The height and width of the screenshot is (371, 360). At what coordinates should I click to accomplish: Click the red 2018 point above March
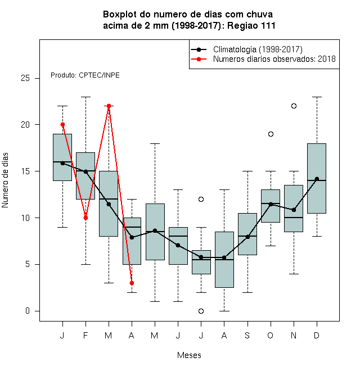(109, 106)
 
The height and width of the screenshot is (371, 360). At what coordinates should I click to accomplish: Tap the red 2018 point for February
(85, 218)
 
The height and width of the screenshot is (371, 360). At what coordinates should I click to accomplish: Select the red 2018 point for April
(132, 283)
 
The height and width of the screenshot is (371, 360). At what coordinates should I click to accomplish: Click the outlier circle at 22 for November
(294, 106)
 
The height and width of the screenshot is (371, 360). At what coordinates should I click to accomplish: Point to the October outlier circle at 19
(271, 134)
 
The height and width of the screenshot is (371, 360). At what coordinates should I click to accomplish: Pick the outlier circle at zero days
(201, 311)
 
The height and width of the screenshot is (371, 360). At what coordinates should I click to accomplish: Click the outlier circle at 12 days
(201, 199)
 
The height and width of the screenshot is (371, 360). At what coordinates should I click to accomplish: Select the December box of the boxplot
(317, 178)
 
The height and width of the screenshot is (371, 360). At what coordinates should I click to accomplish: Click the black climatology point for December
(317, 179)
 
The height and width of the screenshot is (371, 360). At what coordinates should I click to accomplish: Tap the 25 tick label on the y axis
(25, 78)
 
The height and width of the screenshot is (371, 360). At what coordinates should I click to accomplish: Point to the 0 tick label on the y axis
(28, 311)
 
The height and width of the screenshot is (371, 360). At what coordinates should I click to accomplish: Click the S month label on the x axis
(247, 335)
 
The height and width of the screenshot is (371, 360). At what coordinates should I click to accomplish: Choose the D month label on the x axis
(317, 335)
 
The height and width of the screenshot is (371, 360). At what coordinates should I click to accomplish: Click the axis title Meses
(189, 355)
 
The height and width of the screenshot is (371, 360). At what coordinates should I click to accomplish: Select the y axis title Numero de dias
(5, 180)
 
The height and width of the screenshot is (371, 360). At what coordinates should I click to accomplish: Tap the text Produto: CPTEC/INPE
(85, 75)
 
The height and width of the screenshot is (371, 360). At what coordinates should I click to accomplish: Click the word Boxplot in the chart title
(120, 15)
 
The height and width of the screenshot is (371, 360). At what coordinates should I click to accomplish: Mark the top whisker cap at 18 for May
(155, 143)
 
